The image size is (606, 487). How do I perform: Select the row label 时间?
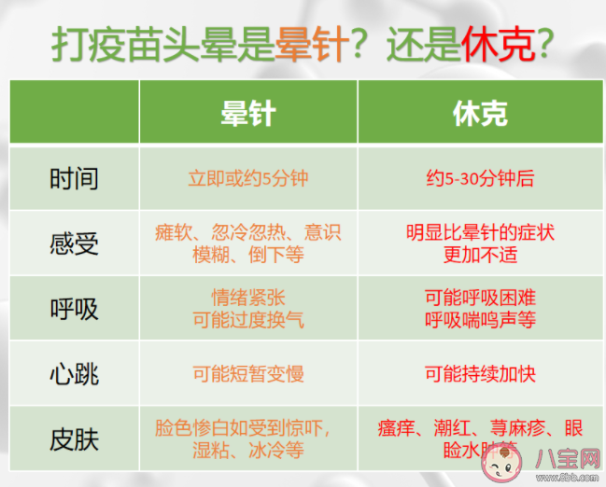tap(74, 177)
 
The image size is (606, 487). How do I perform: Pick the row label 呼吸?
tap(74, 308)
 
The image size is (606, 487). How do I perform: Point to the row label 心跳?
tap(74, 373)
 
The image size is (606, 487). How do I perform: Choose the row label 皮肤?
tap(74, 438)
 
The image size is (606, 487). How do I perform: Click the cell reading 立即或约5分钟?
tap(247, 177)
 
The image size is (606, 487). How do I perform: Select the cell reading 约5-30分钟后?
tap(480, 177)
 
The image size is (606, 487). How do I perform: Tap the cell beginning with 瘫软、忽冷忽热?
tap(247, 243)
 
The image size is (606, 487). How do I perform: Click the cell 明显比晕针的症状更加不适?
tap(480, 243)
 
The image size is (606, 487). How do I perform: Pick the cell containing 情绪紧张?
tap(247, 308)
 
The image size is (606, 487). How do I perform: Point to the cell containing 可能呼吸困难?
tap(480, 308)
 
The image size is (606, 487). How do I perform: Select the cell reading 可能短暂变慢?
tap(247, 373)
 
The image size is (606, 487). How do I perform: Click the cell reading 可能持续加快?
tap(480, 373)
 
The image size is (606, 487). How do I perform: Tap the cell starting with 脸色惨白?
tap(247, 438)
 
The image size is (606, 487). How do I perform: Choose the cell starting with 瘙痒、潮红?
tap(480, 438)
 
